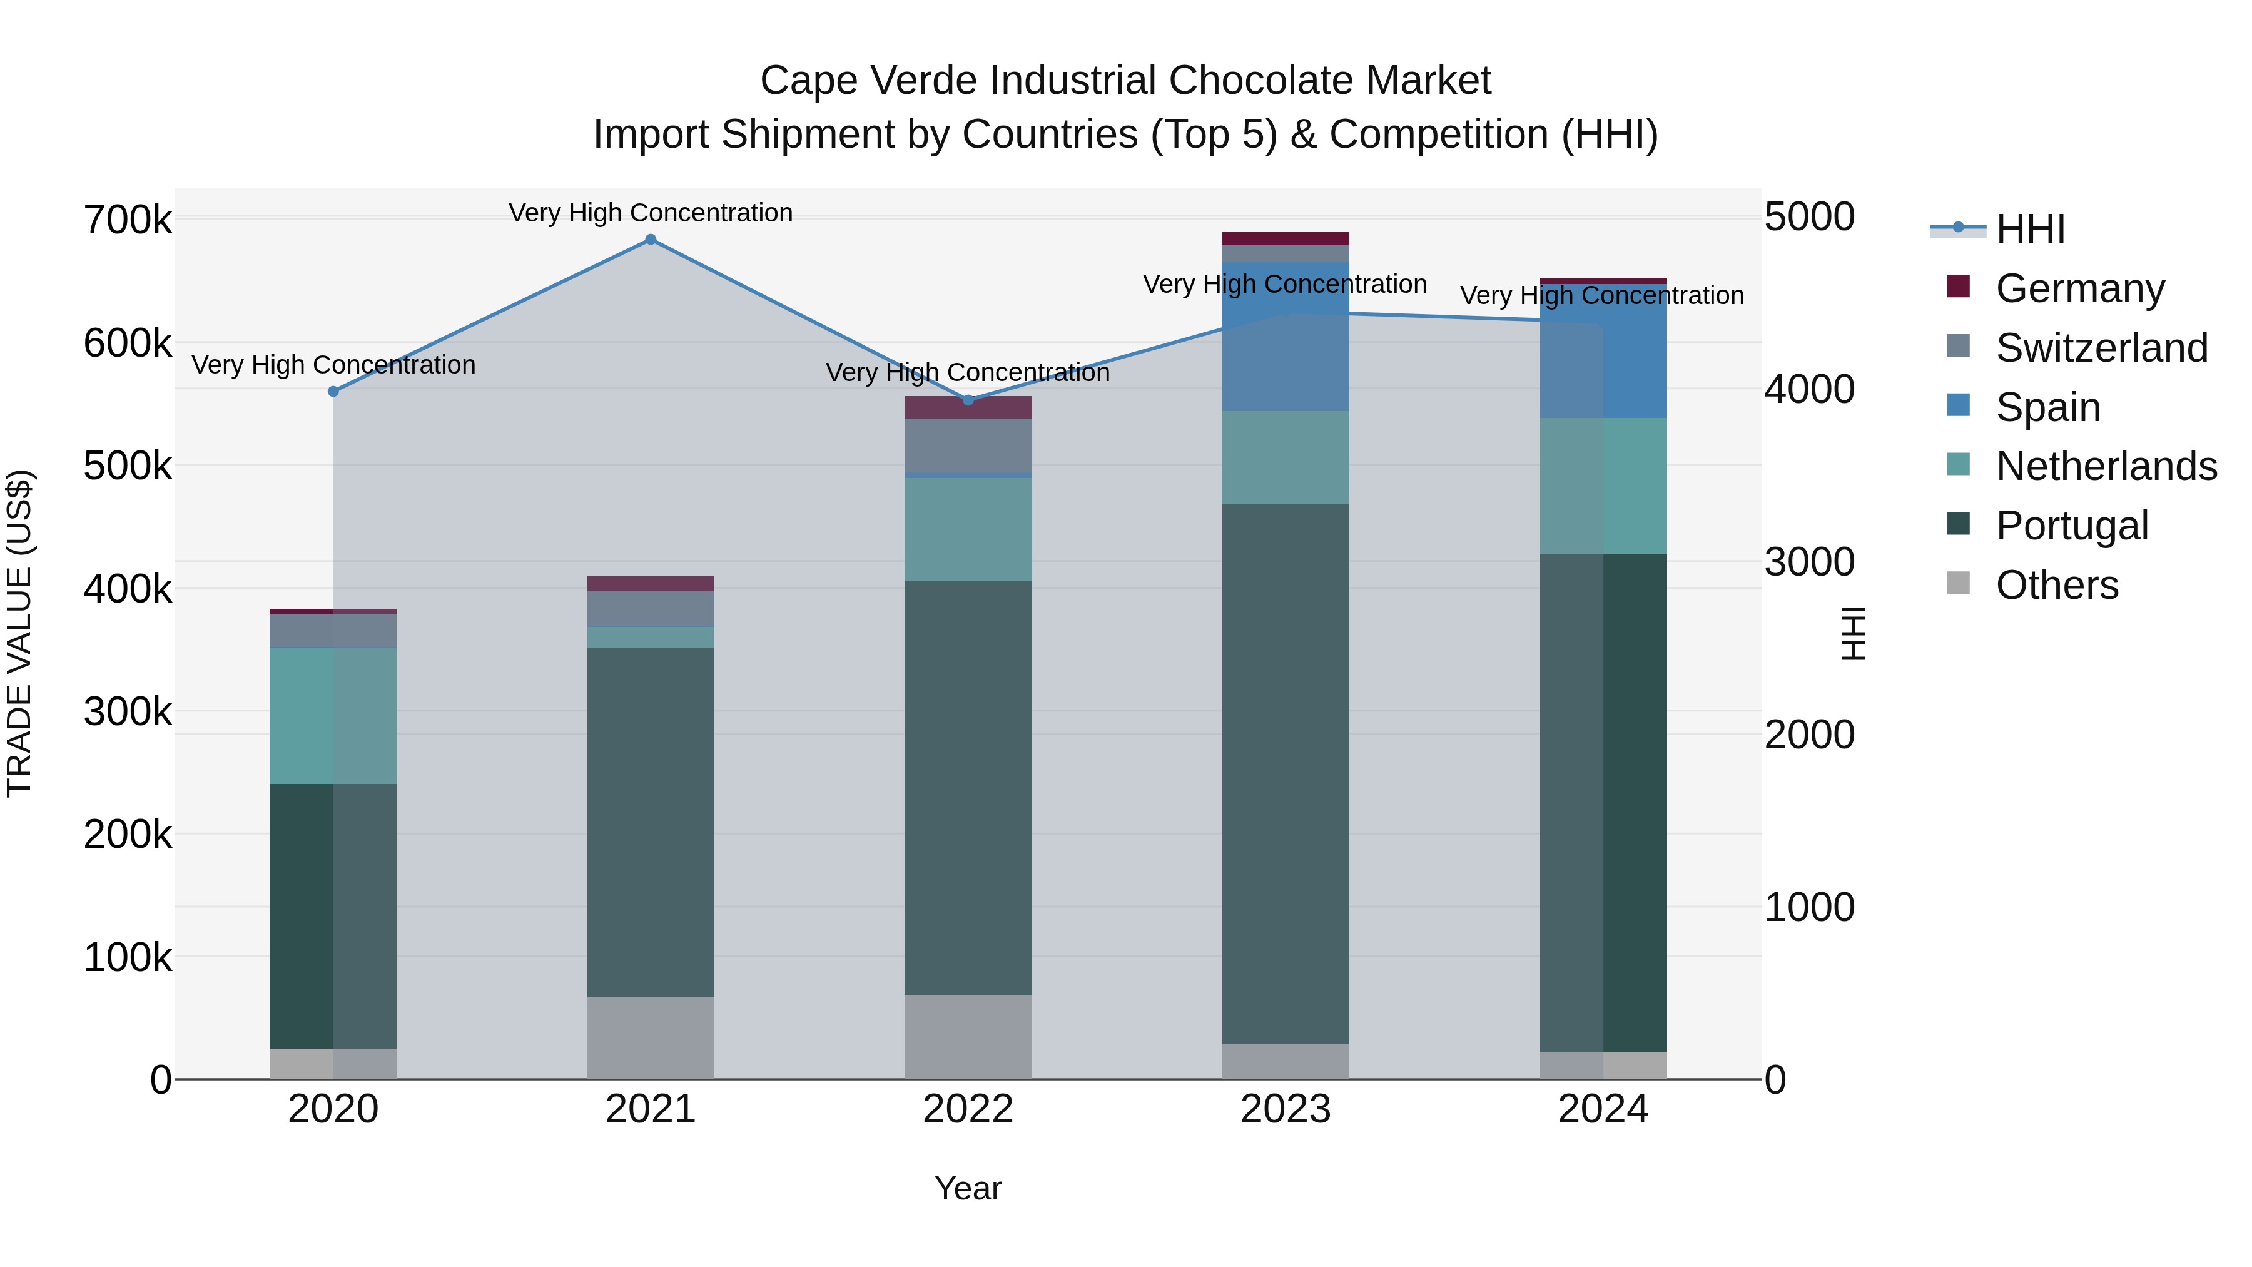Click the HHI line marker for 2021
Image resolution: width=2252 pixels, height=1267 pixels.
coord(651,240)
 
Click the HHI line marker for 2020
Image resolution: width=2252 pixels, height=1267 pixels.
coord(333,392)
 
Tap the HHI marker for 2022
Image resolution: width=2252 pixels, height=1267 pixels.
coord(968,400)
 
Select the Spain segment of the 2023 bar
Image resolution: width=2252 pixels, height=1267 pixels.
coord(1285,337)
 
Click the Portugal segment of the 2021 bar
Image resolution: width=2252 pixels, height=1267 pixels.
coord(651,822)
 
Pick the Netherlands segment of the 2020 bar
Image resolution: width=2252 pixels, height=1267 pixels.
coord(333,715)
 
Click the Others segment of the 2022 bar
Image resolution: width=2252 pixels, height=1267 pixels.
coord(968,1036)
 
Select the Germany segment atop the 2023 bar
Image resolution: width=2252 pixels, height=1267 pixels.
coord(1285,239)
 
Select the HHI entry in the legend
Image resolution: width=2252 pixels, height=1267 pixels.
coord(2030,229)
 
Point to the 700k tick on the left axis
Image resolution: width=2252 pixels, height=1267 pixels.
coord(128,220)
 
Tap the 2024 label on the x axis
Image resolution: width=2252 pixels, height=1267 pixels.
coord(1603,1109)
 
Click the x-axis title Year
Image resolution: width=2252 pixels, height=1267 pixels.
coord(968,1188)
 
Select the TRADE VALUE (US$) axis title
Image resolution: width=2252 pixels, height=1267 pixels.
coord(19,633)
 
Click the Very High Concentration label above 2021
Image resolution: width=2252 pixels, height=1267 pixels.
coord(651,213)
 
